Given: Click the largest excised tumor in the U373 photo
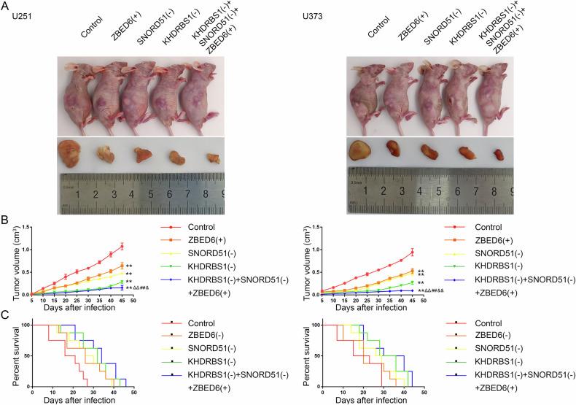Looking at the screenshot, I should pos(359,150).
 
